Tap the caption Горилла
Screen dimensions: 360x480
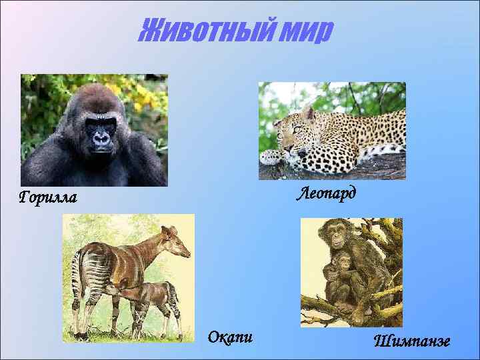click(48, 197)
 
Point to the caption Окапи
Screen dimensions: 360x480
click(230, 337)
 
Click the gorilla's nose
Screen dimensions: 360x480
click(101, 139)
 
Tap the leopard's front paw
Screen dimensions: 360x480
click(273, 157)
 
